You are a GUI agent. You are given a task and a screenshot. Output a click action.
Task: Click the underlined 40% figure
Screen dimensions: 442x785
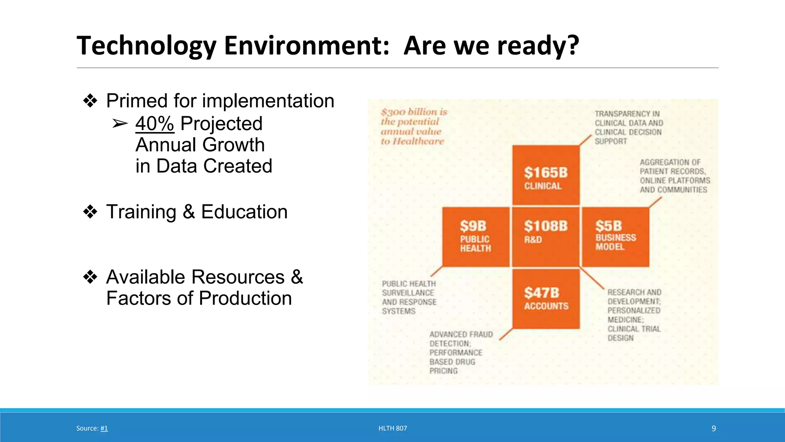coord(155,124)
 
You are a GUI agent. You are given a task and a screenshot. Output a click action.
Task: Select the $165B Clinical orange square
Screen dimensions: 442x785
coord(545,175)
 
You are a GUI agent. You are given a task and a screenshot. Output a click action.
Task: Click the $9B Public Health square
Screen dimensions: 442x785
coord(475,237)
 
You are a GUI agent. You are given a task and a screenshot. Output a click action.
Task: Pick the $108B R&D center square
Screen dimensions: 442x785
coord(545,237)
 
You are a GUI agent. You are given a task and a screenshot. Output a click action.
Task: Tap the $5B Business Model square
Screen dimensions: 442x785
coord(615,237)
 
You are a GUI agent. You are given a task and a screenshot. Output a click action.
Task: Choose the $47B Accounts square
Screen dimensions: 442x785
coord(545,299)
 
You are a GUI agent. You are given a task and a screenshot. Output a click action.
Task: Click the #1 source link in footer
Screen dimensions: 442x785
coord(104,428)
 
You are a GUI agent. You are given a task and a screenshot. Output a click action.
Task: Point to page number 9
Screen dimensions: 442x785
coord(713,428)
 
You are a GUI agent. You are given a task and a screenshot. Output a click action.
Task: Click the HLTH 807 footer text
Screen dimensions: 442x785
coord(392,428)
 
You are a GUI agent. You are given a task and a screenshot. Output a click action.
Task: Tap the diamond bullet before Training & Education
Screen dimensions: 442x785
coord(90,212)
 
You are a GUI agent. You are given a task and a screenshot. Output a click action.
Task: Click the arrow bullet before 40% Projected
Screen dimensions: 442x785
coord(120,124)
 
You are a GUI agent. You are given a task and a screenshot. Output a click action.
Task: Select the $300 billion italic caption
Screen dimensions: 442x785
coord(413,126)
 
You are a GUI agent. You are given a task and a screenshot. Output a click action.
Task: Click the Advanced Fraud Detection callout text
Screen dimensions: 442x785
coord(460,352)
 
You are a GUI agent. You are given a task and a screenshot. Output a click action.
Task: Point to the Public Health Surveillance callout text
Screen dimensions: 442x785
coord(409,297)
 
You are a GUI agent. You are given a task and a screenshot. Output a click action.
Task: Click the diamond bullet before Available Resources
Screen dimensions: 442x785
coord(90,277)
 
